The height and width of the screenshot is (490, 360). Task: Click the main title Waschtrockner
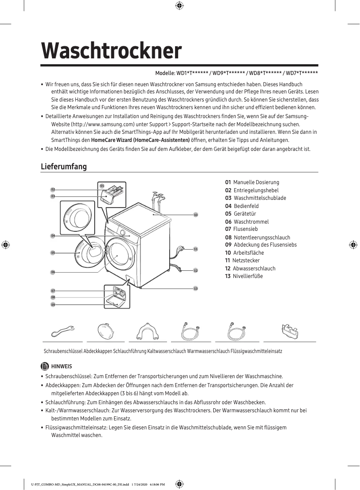[x=111, y=51]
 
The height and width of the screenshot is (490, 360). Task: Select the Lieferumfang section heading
[x=63, y=167]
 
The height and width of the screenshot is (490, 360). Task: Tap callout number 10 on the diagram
[x=196, y=215]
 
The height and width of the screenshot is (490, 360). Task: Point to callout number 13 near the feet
[x=196, y=288]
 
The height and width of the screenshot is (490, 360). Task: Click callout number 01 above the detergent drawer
[x=102, y=185]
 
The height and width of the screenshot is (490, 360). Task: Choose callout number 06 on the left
[x=53, y=272]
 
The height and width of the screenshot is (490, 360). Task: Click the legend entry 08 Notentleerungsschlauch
[x=257, y=237]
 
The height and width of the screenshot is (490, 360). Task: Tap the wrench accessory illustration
[x=61, y=331]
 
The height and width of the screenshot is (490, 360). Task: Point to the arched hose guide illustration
[x=148, y=332]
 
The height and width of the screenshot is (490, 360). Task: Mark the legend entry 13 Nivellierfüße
[x=244, y=276]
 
